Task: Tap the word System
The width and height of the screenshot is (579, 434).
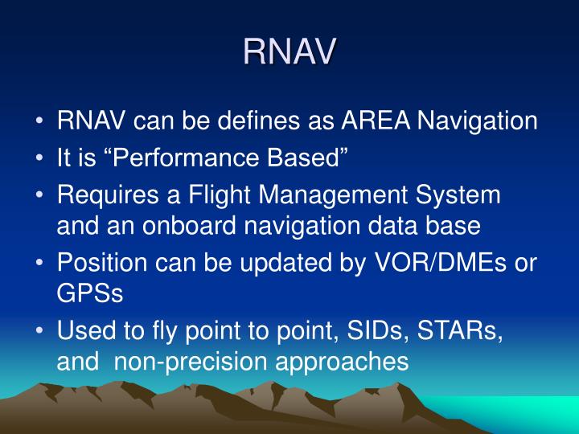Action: pos(462,195)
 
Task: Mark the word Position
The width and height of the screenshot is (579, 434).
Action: pos(101,264)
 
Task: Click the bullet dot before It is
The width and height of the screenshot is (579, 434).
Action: pos(40,159)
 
